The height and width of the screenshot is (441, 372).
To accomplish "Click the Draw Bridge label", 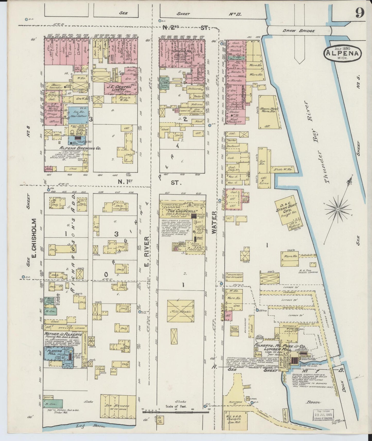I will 299,31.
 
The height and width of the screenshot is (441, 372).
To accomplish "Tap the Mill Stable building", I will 180,312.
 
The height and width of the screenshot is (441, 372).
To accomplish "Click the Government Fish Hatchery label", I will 234,276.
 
